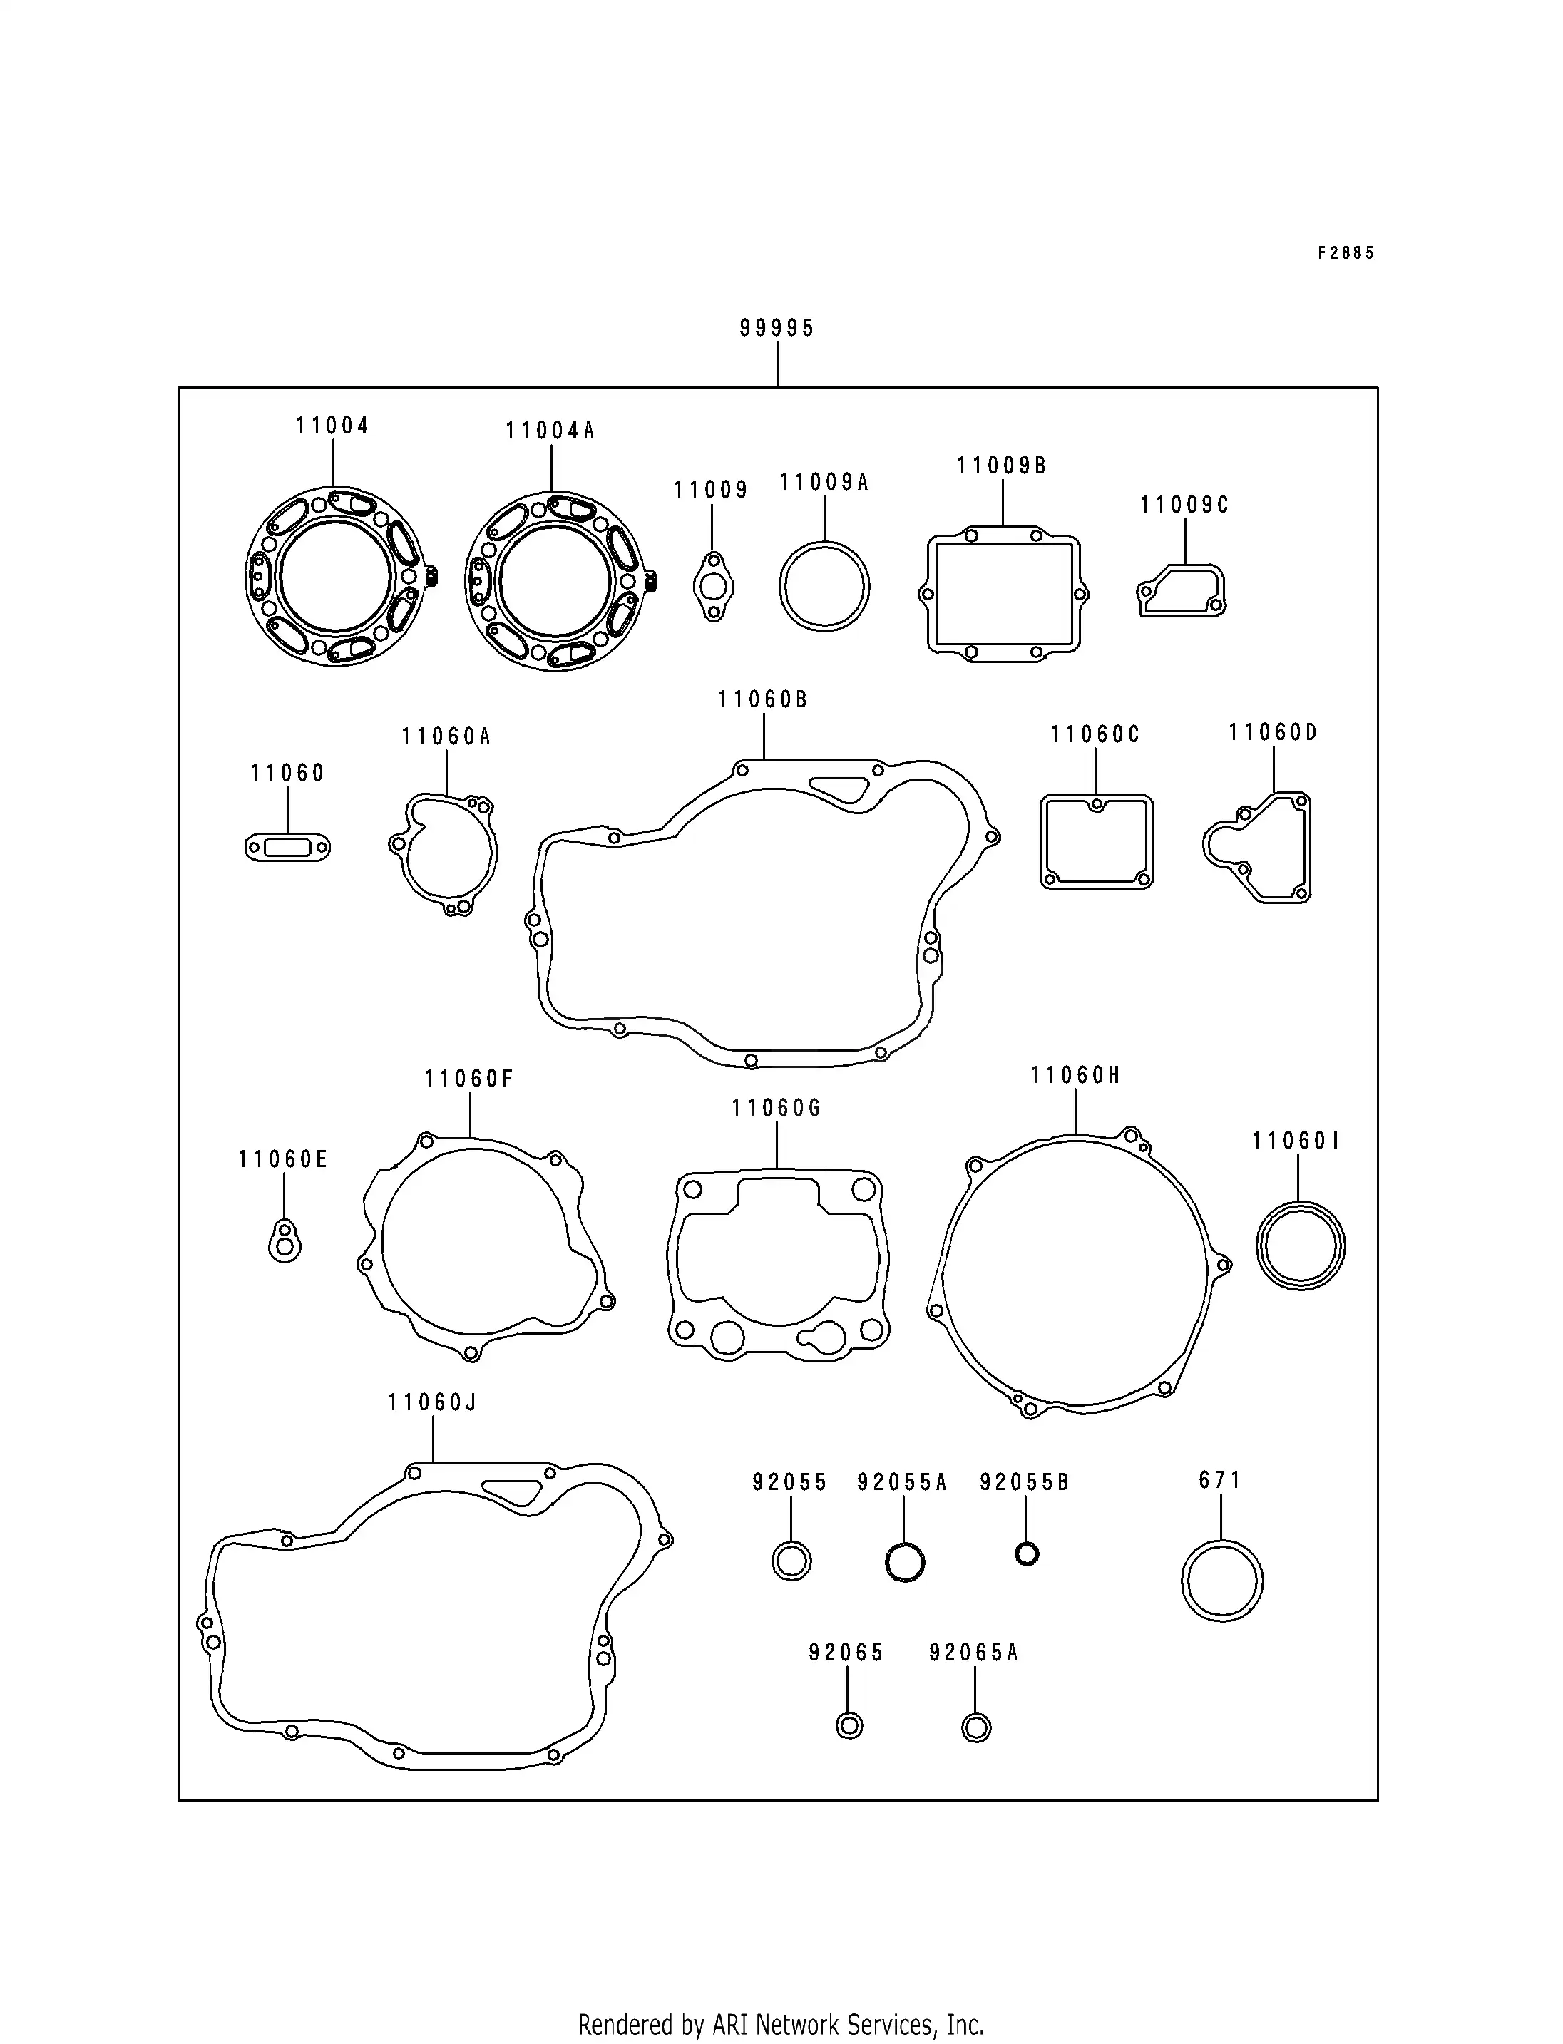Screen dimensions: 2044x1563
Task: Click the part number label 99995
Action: click(x=777, y=327)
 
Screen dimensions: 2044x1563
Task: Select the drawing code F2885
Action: click(x=1346, y=253)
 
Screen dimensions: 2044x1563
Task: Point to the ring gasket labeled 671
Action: click(x=1221, y=1581)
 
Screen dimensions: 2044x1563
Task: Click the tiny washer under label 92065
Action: click(x=849, y=1726)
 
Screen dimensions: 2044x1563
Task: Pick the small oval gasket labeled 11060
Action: click(x=287, y=848)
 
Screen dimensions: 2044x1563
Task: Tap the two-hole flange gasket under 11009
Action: click(x=714, y=586)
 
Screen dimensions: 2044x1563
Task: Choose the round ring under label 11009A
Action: click(x=824, y=587)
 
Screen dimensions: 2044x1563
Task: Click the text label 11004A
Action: click(x=550, y=431)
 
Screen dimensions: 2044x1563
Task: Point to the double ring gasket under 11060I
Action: click(x=1300, y=1246)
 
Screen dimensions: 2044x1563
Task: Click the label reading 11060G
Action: click(x=776, y=1108)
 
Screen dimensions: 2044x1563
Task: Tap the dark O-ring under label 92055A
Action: click(x=904, y=1562)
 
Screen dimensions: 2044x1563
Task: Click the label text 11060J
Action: click(x=433, y=1402)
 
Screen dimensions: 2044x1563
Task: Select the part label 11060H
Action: click(x=1075, y=1076)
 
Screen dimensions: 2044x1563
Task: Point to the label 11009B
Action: click(x=1002, y=465)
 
